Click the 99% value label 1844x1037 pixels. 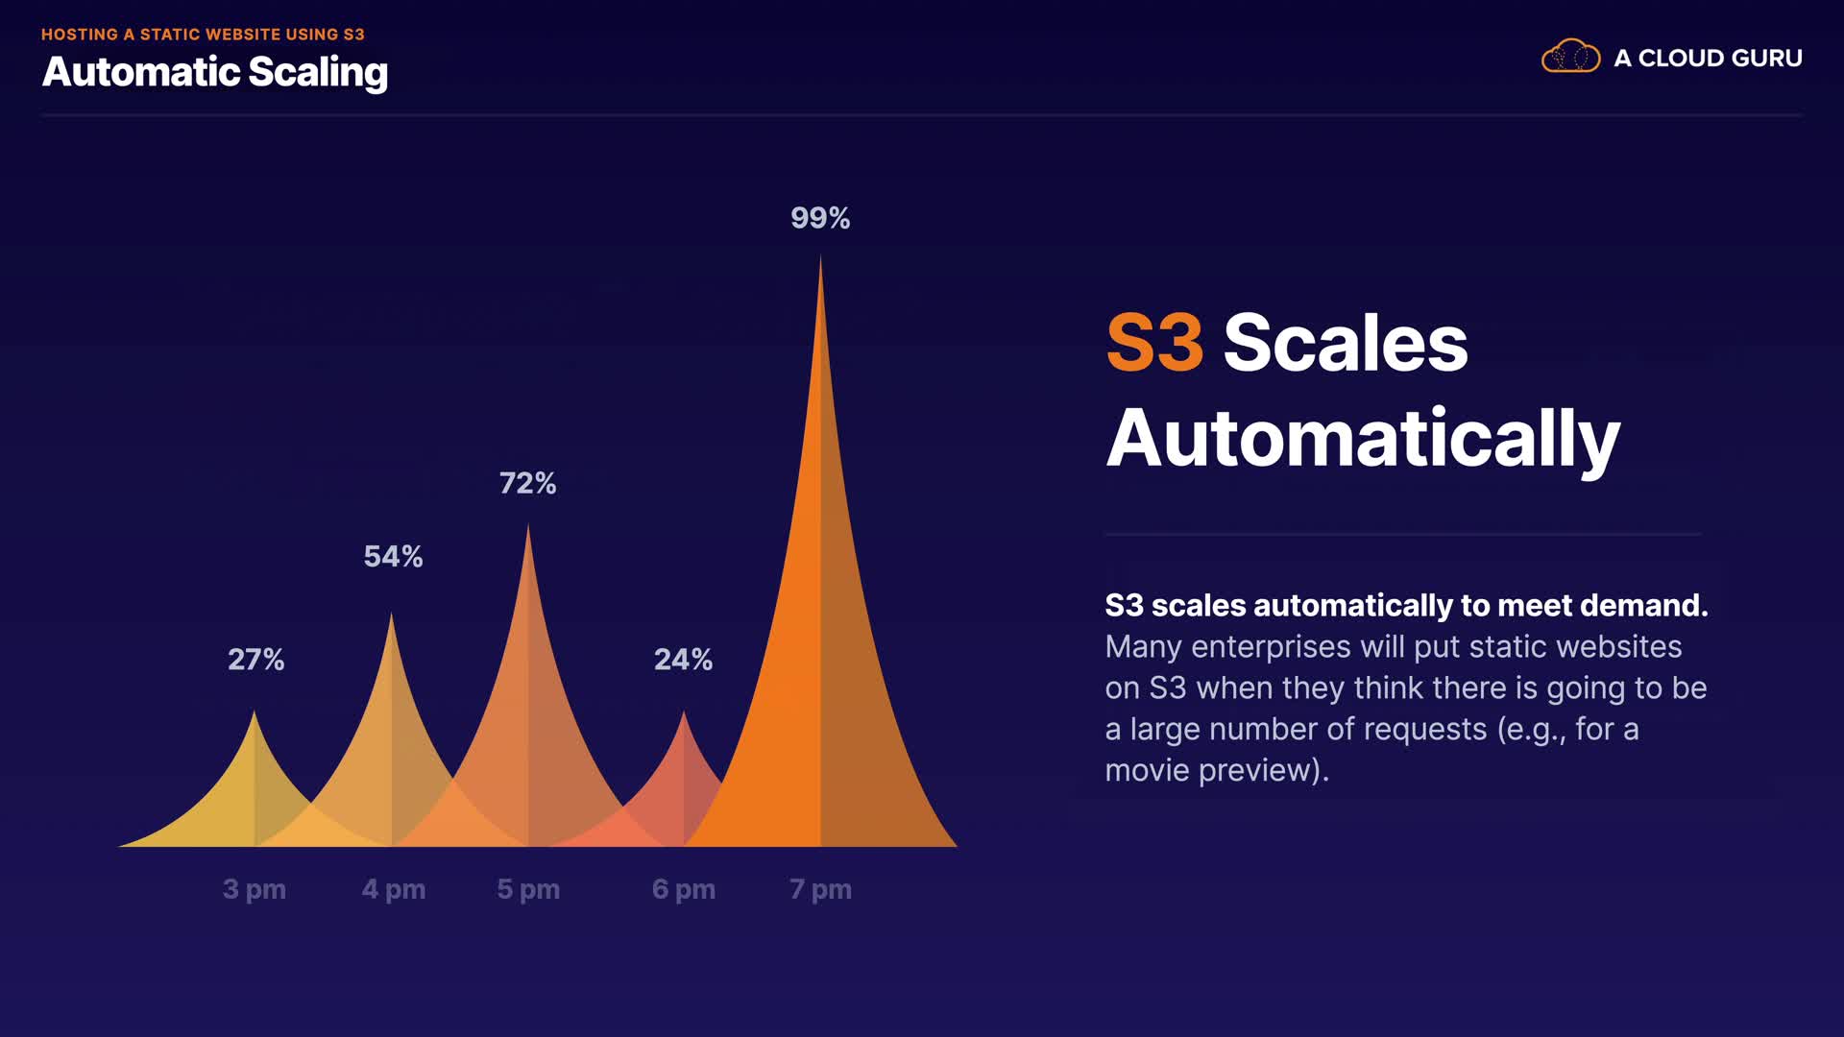(820, 218)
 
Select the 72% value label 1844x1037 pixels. (527, 483)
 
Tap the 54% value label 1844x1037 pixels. (393, 556)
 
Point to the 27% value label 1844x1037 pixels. (255, 660)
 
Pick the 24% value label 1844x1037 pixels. (683, 660)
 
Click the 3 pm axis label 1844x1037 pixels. (255, 890)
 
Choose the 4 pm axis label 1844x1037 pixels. (394, 890)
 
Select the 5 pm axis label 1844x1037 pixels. (528, 890)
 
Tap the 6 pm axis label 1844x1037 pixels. (684, 890)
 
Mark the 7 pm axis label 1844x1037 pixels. (820, 890)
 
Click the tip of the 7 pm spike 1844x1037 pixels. (820, 255)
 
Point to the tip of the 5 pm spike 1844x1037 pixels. (528, 524)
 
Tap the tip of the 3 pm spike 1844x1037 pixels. (255, 711)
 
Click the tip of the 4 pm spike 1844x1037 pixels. (391, 614)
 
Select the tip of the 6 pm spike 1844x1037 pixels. (684, 711)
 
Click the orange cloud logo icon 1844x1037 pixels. (1570, 57)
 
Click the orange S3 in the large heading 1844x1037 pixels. (1154, 343)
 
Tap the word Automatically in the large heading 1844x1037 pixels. (1363, 439)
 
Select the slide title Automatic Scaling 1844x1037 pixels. (215, 73)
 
